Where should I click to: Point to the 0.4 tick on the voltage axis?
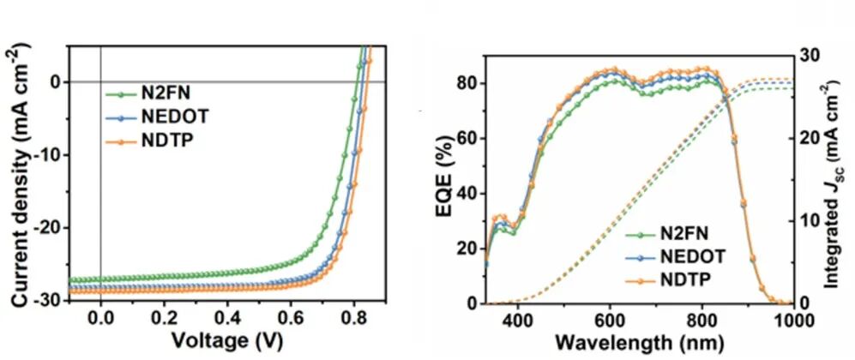227,317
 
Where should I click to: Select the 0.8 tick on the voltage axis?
354,317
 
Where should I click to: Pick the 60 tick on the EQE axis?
467,138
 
